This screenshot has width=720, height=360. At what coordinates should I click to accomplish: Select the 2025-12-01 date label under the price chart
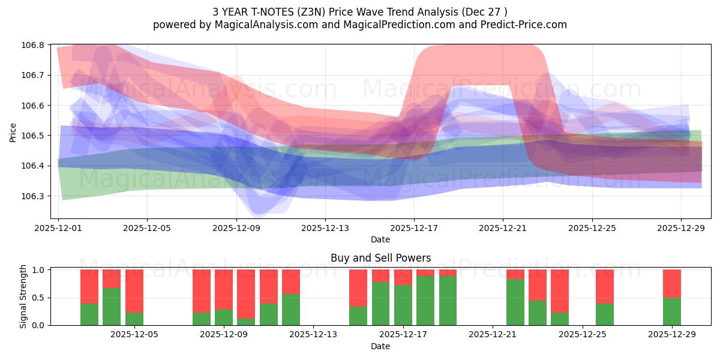click(58, 228)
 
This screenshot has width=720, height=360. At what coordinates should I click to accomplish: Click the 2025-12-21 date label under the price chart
click(503, 228)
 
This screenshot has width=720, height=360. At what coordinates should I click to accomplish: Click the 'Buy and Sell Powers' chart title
click(380, 258)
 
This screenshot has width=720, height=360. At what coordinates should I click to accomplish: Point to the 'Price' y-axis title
click(13, 132)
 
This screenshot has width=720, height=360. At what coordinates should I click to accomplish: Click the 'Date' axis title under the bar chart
click(380, 346)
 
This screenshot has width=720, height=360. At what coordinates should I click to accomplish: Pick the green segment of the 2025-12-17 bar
click(425, 301)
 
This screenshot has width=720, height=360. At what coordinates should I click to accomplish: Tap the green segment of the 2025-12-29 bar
click(672, 311)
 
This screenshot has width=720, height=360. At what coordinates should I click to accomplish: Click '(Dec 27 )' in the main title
click(484, 11)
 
